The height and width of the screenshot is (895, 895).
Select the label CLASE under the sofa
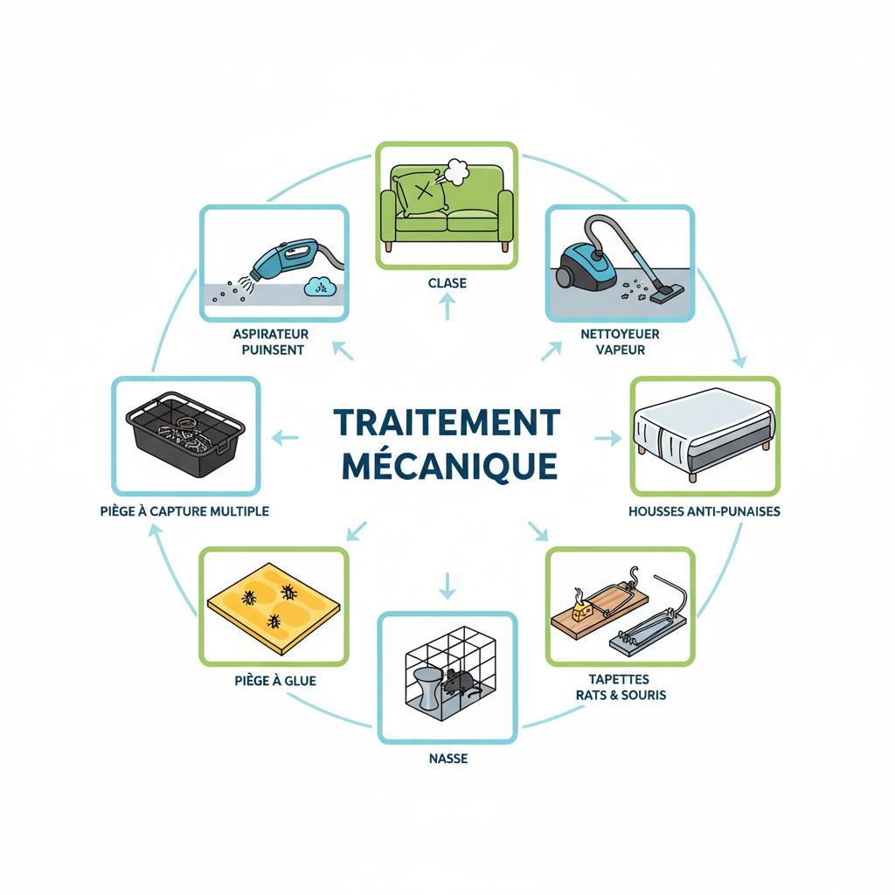(447, 283)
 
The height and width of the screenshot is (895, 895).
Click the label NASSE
(447, 759)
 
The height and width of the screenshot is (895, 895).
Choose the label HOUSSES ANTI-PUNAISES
(704, 510)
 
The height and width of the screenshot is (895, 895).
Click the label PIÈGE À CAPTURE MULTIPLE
(184, 510)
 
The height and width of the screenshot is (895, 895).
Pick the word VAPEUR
(620, 350)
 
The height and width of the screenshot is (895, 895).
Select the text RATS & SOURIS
(621, 695)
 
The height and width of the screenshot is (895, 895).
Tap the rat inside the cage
(459, 681)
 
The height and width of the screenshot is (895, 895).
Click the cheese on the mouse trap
(579, 606)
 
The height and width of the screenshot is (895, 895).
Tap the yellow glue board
(274, 604)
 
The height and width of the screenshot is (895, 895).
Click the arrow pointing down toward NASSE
(447, 586)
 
